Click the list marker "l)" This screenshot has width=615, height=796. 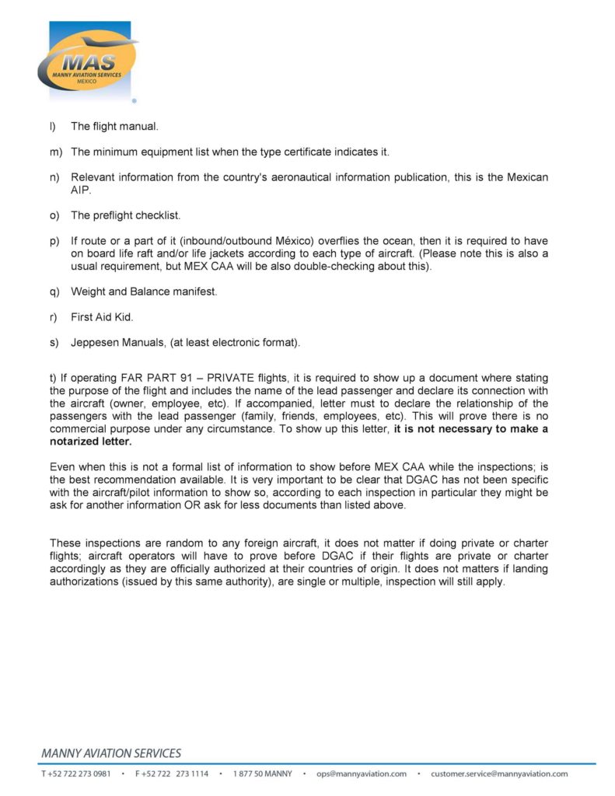(53, 126)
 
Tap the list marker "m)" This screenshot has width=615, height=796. (54, 152)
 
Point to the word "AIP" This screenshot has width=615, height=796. (80, 190)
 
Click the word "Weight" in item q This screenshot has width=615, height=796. (88, 292)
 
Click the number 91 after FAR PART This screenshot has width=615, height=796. (184, 379)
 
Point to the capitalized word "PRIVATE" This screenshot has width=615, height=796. (231, 379)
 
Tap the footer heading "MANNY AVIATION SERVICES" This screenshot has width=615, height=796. (111, 753)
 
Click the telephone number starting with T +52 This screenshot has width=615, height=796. (75, 774)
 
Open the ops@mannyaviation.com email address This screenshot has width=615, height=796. (362, 774)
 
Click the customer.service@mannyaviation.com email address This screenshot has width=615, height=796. (499, 774)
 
